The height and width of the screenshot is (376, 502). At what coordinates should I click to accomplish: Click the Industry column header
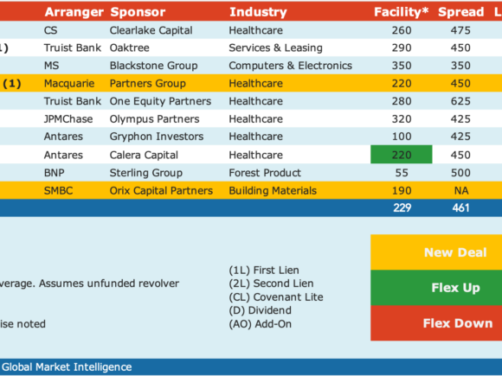(x=258, y=12)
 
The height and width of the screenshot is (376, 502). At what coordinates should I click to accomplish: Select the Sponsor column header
(x=138, y=12)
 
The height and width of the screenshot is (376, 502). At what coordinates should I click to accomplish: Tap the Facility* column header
(x=401, y=12)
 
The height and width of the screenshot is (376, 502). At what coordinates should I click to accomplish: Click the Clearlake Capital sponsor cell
(x=151, y=30)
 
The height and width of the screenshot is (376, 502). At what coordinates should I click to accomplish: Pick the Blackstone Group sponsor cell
(x=154, y=66)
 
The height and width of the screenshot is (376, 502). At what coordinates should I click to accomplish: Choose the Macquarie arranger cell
(x=69, y=84)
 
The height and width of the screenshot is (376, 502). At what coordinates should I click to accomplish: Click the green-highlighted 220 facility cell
(x=402, y=155)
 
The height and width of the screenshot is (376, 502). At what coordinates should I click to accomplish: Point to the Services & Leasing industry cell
(x=275, y=48)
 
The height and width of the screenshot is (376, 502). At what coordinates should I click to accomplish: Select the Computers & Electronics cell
(x=290, y=66)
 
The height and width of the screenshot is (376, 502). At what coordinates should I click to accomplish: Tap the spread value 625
(x=460, y=101)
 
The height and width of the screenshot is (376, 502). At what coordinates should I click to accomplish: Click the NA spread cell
(x=461, y=191)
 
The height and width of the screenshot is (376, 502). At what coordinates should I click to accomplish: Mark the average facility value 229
(x=402, y=207)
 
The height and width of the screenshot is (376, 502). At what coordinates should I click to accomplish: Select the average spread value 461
(x=460, y=207)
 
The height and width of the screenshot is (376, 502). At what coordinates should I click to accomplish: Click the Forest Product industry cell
(x=265, y=173)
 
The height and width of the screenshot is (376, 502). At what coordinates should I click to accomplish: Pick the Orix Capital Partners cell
(x=161, y=191)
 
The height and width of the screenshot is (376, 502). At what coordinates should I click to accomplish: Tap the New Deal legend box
(x=436, y=252)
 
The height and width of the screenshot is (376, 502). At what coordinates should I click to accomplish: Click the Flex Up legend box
(x=436, y=288)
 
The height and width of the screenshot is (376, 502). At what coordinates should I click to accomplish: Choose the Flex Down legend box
(x=436, y=323)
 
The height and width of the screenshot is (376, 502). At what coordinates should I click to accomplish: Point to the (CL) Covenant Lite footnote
(x=276, y=297)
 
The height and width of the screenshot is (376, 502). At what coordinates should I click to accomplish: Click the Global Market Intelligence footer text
(x=67, y=367)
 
